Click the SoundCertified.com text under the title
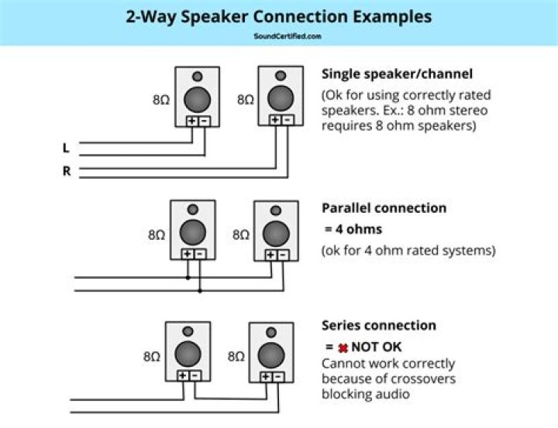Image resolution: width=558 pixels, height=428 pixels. click(x=287, y=36)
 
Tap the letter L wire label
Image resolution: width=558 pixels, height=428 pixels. click(x=66, y=146)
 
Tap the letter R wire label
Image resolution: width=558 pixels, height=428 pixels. click(x=66, y=171)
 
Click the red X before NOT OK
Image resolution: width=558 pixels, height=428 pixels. click(x=342, y=348)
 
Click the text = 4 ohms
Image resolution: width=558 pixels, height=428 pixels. click(x=353, y=229)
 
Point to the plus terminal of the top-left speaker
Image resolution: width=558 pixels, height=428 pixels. click(x=191, y=121)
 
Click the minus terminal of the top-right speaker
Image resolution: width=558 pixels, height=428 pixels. click(x=287, y=120)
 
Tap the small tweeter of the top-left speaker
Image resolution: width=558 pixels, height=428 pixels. click(x=198, y=77)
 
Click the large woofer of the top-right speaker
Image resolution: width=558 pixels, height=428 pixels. click(x=281, y=98)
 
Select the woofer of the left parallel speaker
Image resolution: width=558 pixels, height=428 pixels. click(x=193, y=231)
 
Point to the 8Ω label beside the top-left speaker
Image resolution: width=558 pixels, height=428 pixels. click(x=161, y=100)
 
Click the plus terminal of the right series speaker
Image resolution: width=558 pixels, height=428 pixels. click(x=265, y=376)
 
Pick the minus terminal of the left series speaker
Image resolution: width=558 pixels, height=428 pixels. click(x=195, y=376)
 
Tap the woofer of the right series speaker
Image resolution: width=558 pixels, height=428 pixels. click(x=270, y=354)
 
